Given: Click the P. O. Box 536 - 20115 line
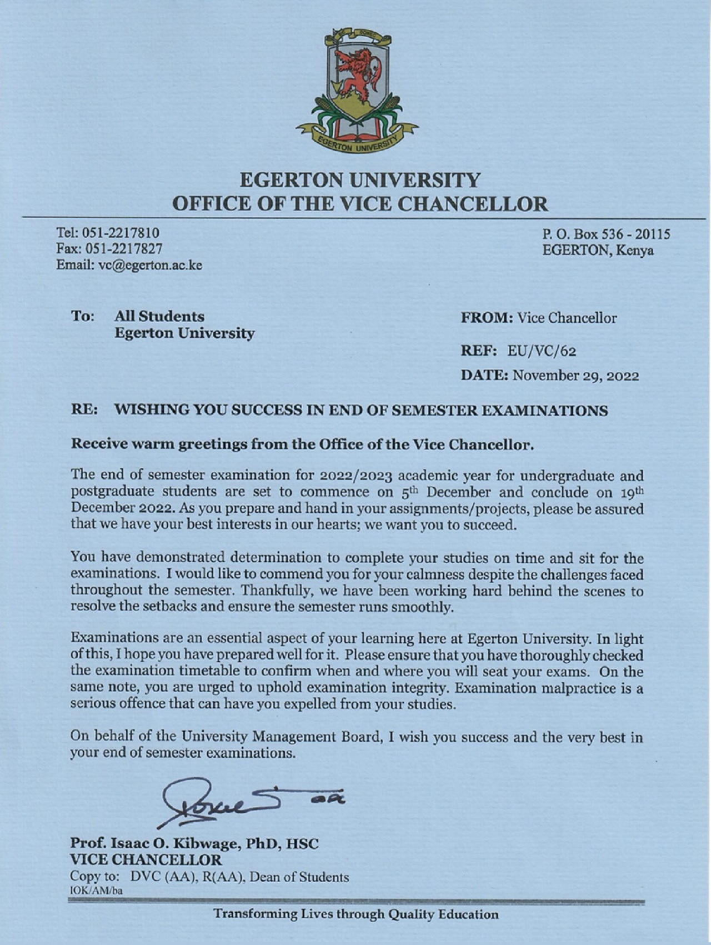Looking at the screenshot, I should point(606,234).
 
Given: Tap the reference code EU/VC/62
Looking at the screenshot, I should point(542,351).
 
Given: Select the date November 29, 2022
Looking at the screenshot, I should point(575,376).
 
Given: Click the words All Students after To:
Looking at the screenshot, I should point(159,317).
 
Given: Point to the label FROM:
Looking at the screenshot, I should point(487,318).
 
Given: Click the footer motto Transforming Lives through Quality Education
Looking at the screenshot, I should point(356,914).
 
